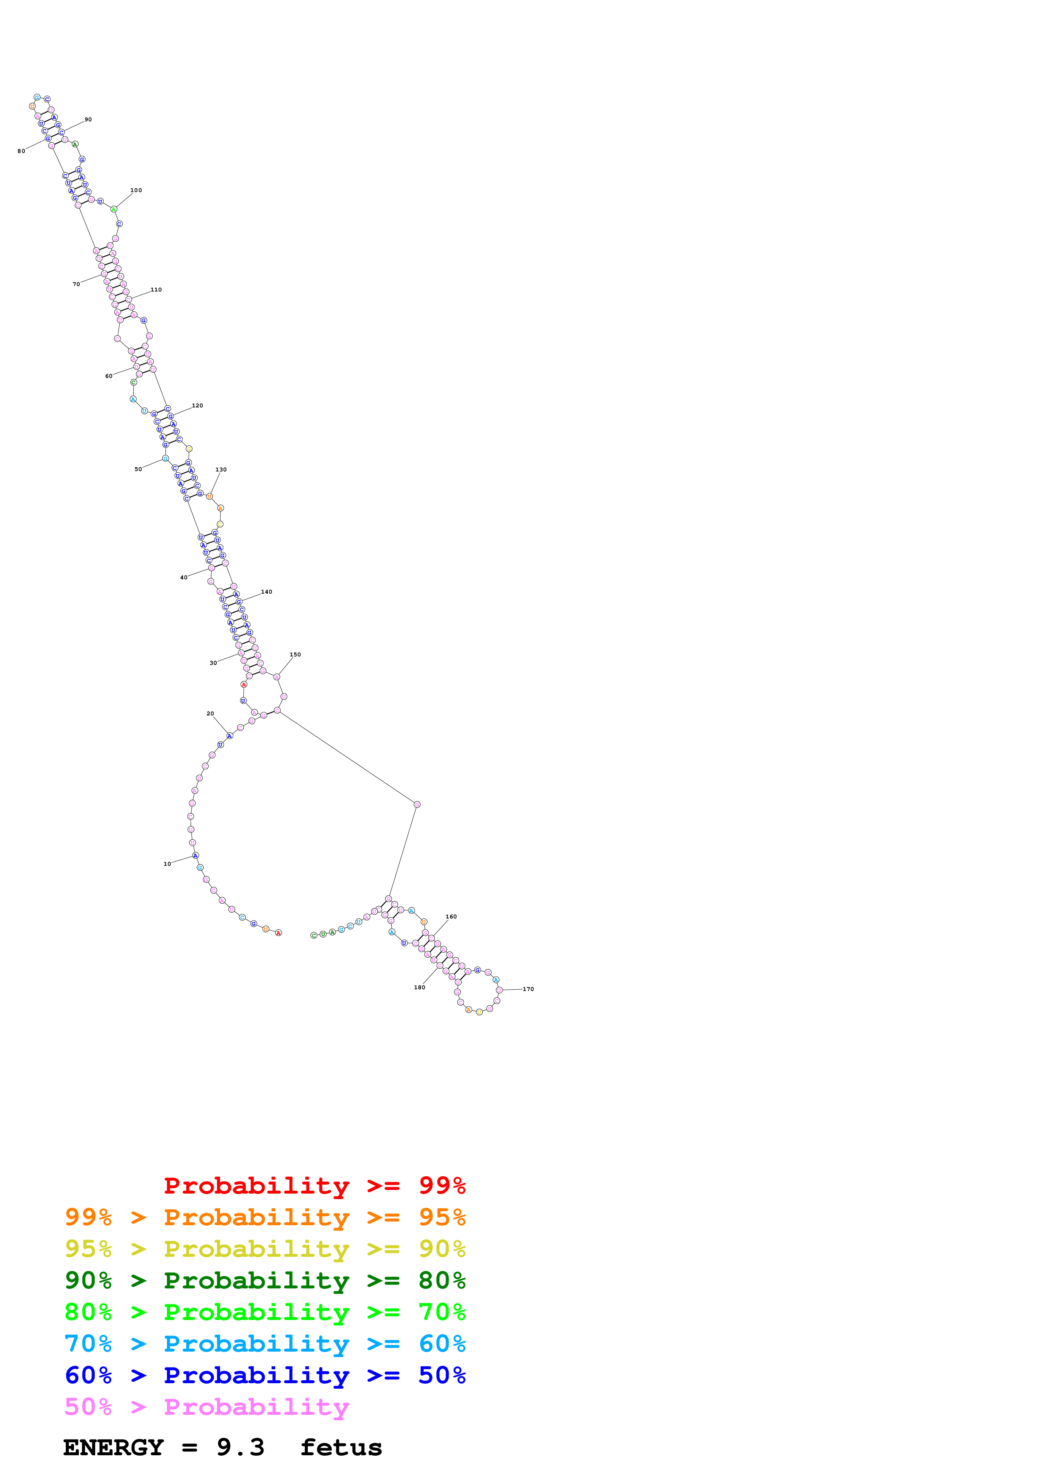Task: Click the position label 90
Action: [88, 120]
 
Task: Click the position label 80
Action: [21, 151]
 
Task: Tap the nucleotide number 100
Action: [136, 190]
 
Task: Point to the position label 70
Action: [76, 284]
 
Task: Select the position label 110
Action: [156, 290]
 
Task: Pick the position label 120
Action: [197, 406]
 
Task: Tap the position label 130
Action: [221, 470]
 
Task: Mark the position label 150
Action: [295, 655]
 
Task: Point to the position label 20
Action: [210, 714]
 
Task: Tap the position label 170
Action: [528, 989]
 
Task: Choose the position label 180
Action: [419, 988]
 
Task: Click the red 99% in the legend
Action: [442, 1185]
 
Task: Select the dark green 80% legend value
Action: [442, 1280]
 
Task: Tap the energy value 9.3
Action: [240, 1448]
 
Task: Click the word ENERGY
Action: [113, 1448]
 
